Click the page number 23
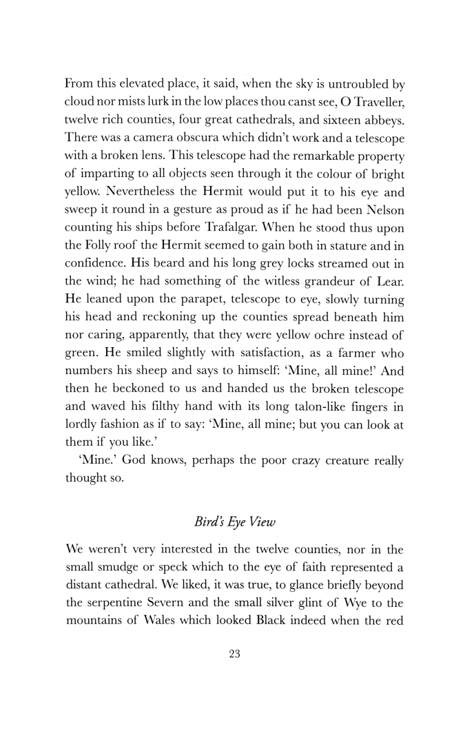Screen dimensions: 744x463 tap(233, 655)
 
